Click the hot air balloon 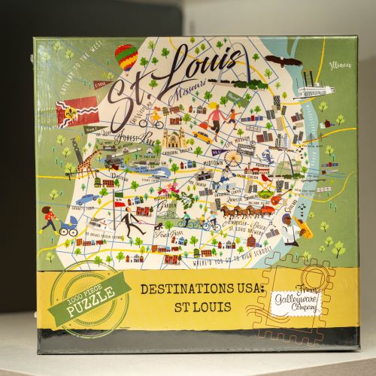[127, 56]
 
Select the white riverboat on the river [314, 91]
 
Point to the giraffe [89, 162]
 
